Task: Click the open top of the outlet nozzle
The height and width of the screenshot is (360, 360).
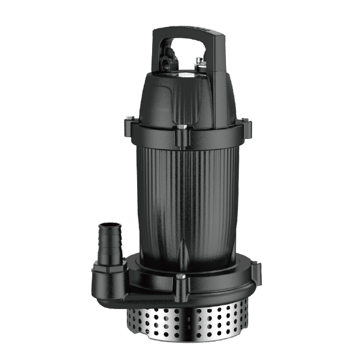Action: tap(108, 225)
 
